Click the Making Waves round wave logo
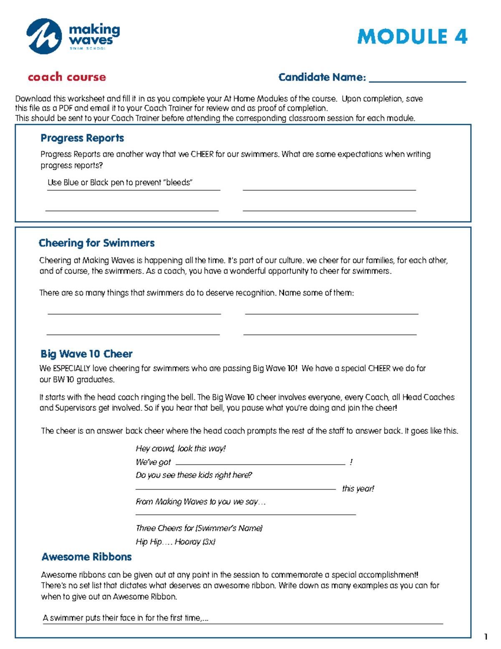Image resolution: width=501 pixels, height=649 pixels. click(44, 36)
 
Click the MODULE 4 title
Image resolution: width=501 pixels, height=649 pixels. click(412, 37)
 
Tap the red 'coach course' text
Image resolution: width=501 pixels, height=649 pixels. click(67, 77)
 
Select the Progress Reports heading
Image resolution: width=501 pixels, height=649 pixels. click(82, 138)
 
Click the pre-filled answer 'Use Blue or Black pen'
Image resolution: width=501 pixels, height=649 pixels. click(120, 183)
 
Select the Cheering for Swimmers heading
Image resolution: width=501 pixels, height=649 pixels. click(96, 243)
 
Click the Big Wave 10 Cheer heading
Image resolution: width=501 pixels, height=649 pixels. click(86, 354)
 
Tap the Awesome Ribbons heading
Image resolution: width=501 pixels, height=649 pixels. click(86, 557)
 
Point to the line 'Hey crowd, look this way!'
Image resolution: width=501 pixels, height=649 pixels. click(180, 448)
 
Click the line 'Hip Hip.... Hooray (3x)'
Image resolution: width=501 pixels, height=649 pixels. click(175, 542)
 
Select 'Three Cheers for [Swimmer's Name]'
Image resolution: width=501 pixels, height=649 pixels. click(199, 528)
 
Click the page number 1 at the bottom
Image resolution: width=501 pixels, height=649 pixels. click(486, 637)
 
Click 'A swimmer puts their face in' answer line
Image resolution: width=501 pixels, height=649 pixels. click(125, 618)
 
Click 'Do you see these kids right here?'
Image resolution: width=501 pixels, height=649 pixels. click(194, 475)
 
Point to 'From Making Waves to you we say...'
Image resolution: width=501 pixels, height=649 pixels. click(200, 501)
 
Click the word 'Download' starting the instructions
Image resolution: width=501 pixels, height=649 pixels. click(33, 99)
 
